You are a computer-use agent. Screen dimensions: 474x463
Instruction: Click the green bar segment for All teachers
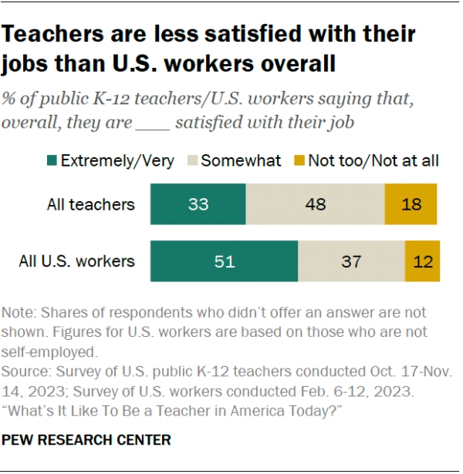[198, 204]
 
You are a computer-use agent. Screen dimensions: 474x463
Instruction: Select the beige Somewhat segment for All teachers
[315, 204]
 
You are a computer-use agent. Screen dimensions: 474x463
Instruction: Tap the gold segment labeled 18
[411, 204]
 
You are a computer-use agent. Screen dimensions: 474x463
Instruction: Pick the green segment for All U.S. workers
[224, 261]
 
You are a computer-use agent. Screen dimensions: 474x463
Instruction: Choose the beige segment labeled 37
[351, 261]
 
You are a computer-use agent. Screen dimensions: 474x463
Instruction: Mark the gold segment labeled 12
[422, 261]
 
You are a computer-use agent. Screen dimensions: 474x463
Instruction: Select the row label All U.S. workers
[76, 261]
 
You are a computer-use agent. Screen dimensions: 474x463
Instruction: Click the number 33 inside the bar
[198, 204]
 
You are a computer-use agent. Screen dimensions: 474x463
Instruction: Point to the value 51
[224, 261]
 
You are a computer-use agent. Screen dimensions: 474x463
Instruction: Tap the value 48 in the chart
[315, 204]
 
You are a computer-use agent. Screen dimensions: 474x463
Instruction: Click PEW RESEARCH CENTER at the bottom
[86, 440]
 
